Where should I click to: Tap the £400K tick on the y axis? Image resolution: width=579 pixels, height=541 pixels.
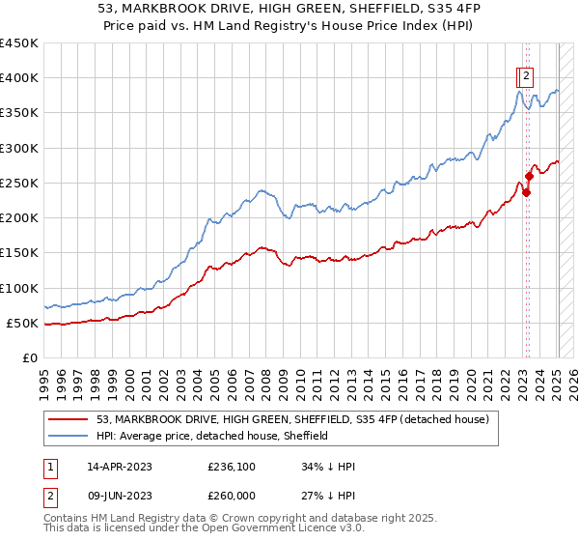pos(18,78)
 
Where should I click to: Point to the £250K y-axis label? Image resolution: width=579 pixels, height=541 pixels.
pos(18,183)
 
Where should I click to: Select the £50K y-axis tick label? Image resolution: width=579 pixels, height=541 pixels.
pos(22,323)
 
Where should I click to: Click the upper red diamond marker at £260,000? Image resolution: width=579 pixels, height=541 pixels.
pos(529,177)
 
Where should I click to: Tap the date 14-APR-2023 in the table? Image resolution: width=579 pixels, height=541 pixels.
pos(120,467)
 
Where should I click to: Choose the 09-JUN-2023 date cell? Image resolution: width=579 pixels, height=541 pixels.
pos(120,498)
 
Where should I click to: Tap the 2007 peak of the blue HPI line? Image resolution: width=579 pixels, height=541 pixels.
pos(260,190)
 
